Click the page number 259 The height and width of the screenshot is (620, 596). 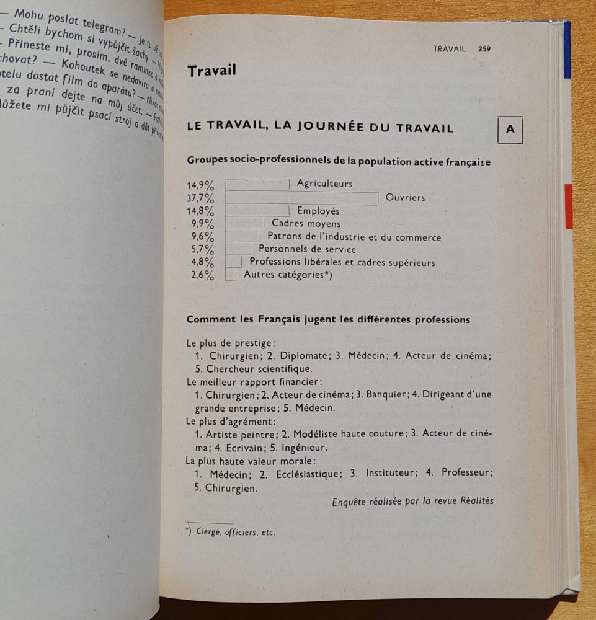click(484, 49)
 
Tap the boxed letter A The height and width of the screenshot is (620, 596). click(510, 130)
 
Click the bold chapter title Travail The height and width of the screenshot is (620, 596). click(211, 71)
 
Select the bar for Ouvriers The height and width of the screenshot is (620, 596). click(301, 198)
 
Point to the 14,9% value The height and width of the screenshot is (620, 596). click(200, 185)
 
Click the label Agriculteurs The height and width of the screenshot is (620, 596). click(324, 184)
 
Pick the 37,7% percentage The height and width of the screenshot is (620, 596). click(200, 198)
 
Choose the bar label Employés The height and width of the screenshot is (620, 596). click(318, 211)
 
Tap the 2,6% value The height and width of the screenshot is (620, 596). click(202, 276)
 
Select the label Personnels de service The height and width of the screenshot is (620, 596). click(307, 249)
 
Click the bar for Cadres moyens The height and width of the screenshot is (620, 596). click(244, 224)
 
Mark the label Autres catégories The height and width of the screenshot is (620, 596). click(283, 275)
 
